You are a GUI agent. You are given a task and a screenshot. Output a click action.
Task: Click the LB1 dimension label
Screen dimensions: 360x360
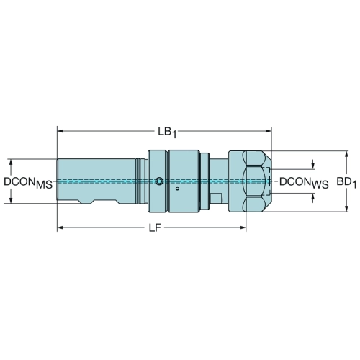(167, 132)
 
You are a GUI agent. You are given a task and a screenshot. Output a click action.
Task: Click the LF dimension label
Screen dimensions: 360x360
(155, 228)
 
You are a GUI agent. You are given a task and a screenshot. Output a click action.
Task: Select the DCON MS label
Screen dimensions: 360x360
(28, 183)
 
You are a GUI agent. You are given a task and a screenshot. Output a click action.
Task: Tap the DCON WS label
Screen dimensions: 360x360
(304, 183)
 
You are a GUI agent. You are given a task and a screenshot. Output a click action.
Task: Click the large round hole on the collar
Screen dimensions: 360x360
(159, 181)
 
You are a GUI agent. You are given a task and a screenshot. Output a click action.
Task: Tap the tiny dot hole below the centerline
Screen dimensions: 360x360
(177, 189)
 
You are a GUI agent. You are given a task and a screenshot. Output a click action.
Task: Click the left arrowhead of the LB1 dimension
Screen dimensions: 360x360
(60, 131)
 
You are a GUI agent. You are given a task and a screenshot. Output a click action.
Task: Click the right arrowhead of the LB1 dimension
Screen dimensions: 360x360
(268, 131)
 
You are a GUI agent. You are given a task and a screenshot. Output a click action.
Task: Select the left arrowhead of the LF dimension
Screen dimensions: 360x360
(60, 228)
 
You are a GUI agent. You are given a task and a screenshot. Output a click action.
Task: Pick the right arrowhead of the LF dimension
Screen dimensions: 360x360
(243, 228)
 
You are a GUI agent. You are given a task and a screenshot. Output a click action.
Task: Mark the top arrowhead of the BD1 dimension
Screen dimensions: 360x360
(346, 154)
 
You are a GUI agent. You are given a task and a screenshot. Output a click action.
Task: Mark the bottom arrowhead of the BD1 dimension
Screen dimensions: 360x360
(346, 209)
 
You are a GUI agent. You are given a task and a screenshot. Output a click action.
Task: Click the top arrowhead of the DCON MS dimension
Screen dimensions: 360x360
(11, 162)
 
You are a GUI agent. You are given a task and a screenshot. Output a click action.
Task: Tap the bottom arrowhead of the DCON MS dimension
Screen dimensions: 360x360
(11, 200)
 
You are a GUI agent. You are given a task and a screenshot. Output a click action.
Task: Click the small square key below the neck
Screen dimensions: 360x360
(216, 198)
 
